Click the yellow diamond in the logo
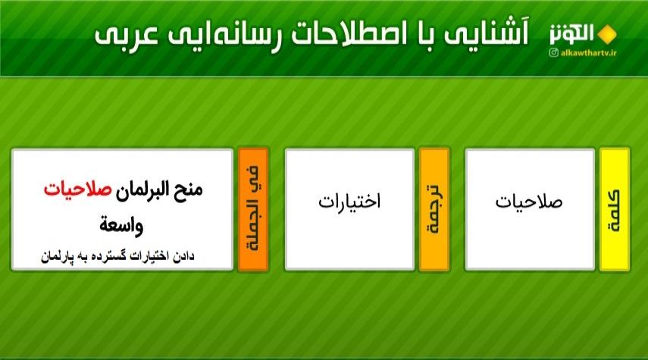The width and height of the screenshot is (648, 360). pyautogui.click(x=607, y=35)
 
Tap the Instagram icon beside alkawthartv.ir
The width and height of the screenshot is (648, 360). pyautogui.click(x=554, y=52)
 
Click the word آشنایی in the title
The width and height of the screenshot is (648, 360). pyautogui.click(x=487, y=34)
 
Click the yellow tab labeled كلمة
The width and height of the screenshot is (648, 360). pyautogui.click(x=615, y=209)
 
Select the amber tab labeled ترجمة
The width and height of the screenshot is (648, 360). pyautogui.click(x=434, y=209)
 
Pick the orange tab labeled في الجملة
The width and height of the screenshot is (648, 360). pyautogui.click(x=254, y=209)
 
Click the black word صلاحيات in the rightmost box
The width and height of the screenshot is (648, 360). pyautogui.click(x=529, y=202)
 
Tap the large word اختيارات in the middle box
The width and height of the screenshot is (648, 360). pyautogui.click(x=349, y=202)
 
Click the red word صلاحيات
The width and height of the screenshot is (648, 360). pyautogui.click(x=78, y=189)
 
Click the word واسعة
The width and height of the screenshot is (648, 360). pyautogui.click(x=121, y=226)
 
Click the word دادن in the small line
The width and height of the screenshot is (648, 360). pyautogui.click(x=183, y=257)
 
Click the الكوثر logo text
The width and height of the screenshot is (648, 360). pyautogui.click(x=572, y=34)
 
